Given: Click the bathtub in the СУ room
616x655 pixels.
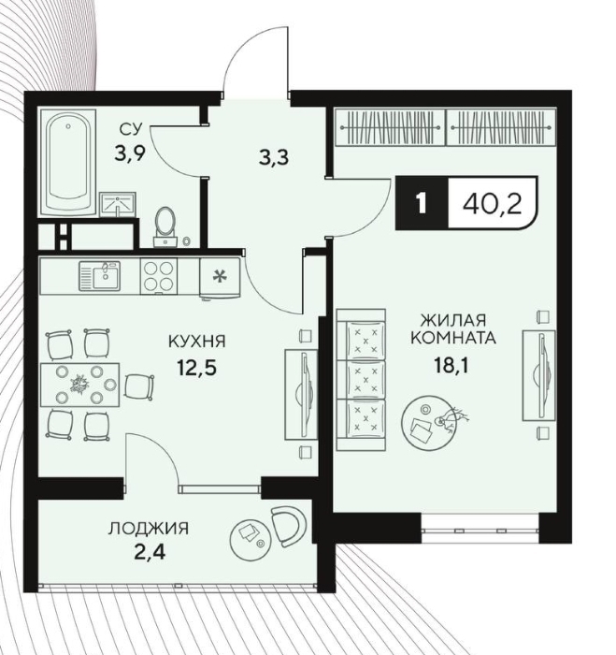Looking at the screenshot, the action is point(67,163).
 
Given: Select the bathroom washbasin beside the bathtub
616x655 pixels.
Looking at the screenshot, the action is point(118,205).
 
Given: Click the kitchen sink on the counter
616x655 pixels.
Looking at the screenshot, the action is point(100,276).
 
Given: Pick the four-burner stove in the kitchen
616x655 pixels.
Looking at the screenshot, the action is point(159,276).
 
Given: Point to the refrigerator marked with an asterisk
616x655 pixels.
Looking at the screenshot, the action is point(220,278).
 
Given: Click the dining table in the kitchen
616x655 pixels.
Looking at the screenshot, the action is point(79,385).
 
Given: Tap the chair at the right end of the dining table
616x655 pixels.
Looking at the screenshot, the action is point(139,386).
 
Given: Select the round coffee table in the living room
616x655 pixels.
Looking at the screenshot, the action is point(426,421).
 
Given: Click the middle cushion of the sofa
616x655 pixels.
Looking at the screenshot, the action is point(366,380).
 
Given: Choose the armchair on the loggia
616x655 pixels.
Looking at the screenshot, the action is point(288,526).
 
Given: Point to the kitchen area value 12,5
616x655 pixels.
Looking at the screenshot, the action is point(197,368).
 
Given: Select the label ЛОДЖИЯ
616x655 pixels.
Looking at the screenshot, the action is point(149,529).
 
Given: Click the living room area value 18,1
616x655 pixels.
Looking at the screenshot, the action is point(451,366).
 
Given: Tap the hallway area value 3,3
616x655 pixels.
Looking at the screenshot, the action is point(273,158).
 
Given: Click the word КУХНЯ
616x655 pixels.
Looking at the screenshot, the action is point(197,342).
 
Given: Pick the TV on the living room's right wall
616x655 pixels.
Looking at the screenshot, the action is point(538,375).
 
